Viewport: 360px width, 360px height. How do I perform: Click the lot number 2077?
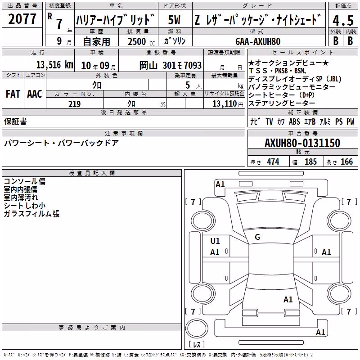point(22,19)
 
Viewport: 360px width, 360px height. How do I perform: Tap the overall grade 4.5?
point(343,20)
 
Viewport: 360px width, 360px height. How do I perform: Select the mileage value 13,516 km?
point(54,64)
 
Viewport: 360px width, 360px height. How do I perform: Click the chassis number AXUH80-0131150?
point(302,143)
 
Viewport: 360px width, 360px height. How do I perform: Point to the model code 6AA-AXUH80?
point(258,41)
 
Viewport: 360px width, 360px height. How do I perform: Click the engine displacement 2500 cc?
point(141,41)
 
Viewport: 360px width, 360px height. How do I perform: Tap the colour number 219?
point(74,104)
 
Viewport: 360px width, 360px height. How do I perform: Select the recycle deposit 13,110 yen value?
point(228,104)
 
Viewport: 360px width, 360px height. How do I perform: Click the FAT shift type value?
point(13,94)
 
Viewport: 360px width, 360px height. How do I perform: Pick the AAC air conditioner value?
point(35,94)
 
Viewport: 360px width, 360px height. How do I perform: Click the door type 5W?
point(174,20)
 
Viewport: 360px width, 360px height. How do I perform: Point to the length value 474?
point(273,162)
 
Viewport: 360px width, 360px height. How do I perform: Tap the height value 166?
point(346,162)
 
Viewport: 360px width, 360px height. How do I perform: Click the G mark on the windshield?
point(257,237)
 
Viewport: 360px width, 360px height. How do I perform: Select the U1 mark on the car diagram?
point(215,241)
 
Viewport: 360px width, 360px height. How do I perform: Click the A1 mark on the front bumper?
point(220,184)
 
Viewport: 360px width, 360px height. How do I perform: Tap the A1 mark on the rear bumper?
point(320,332)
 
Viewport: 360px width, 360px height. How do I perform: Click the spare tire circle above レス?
point(197,329)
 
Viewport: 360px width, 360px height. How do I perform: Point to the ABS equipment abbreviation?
point(294,121)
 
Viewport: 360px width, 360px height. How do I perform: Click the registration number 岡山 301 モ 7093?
point(171,66)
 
